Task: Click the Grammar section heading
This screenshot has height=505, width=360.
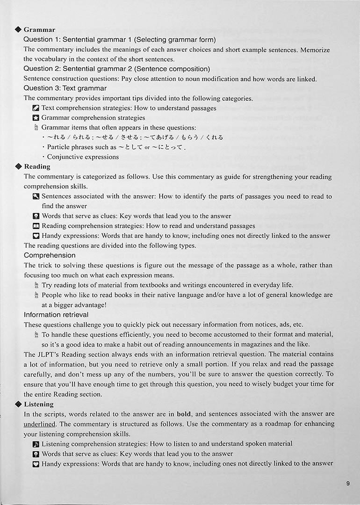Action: tap(39, 30)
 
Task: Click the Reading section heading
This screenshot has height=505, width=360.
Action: tap(37, 166)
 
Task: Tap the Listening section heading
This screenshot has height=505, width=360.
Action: tap(39, 404)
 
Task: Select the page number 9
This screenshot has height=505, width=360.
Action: tap(348, 484)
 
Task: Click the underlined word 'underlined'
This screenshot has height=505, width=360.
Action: tap(40, 424)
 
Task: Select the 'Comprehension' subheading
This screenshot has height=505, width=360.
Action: tap(50, 255)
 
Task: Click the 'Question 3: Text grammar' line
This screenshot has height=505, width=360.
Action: tap(65, 88)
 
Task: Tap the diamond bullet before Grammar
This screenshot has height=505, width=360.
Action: tap(18, 30)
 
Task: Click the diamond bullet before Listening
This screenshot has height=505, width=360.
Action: tap(18, 404)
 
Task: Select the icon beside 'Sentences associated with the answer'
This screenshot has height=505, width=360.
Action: tap(36, 196)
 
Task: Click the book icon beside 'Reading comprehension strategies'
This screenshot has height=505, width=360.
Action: tap(36, 226)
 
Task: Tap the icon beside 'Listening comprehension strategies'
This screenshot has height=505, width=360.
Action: tap(36, 444)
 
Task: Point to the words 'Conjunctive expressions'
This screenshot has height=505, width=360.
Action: tap(83, 157)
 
